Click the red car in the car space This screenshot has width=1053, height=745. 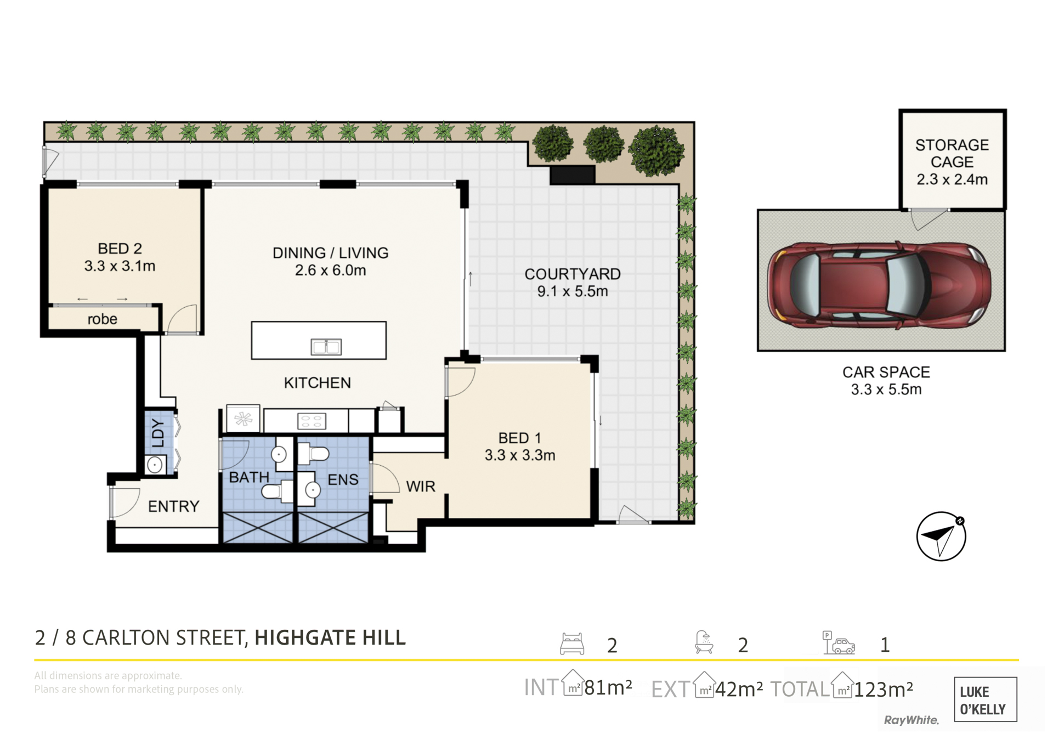(879, 285)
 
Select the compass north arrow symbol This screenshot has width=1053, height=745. (941, 536)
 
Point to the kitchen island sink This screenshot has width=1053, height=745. (326, 346)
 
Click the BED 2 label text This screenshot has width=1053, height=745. (120, 249)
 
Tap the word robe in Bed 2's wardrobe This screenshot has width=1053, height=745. (103, 319)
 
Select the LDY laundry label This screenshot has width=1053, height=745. (158, 433)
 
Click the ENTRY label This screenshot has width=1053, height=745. (174, 506)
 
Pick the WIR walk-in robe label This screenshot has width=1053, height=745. (421, 486)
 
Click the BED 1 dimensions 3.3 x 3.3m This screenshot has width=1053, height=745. (520, 455)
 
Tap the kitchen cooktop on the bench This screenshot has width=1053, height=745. (312, 421)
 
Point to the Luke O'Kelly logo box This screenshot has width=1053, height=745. (986, 699)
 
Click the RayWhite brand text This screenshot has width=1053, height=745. (911, 720)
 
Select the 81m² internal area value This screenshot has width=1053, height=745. (608, 687)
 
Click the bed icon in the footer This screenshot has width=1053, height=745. (572, 644)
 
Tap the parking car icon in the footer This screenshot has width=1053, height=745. (839, 642)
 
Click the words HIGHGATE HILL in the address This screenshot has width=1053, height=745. (330, 637)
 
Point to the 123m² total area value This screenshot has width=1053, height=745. (884, 689)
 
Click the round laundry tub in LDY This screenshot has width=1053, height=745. (155, 465)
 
